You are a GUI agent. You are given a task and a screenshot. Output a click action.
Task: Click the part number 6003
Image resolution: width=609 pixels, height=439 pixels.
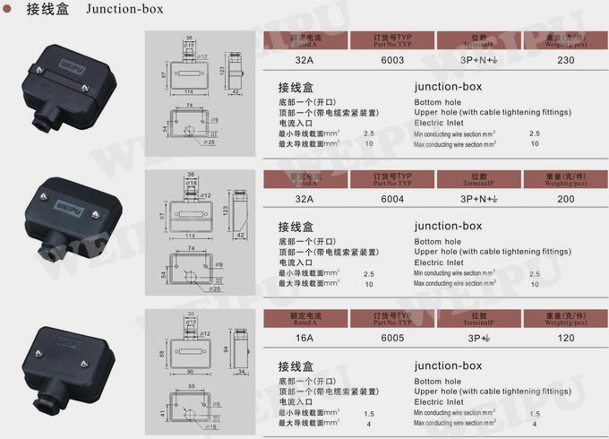(393, 60)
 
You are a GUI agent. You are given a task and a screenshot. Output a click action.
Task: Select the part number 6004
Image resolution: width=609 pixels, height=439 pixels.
(393, 199)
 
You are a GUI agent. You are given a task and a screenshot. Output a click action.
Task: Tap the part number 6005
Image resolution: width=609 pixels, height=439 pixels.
(393, 338)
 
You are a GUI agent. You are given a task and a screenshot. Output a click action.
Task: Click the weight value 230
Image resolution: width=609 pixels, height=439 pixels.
(565, 60)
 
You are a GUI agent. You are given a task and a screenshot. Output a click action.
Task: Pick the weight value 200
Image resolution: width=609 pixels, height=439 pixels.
(565, 199)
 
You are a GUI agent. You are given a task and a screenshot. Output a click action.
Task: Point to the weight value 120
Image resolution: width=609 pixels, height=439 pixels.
(565, 338)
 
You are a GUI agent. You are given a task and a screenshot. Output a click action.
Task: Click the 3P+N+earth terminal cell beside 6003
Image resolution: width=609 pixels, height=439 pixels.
(479, 60)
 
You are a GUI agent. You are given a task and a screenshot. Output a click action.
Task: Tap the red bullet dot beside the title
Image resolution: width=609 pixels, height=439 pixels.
(7, 11)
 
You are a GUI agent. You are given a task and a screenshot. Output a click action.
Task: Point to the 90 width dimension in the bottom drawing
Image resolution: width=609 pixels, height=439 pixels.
(190, 370)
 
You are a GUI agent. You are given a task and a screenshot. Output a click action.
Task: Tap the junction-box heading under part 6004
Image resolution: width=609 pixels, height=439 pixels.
(448, 226)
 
